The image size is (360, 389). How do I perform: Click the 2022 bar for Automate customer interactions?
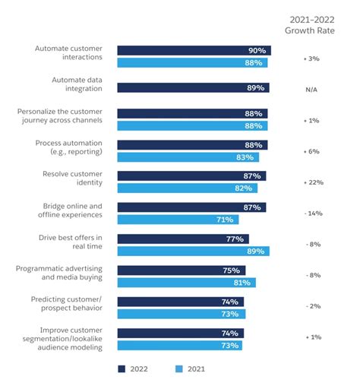click(194, 50)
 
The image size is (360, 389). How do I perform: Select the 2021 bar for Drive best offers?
click(193, 251)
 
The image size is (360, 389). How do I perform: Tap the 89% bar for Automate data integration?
click(193, 88)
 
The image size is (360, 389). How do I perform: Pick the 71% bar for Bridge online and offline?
click(178, 219)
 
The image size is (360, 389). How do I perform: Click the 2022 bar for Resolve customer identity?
click(191, 176)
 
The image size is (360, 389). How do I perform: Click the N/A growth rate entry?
click(311, 89)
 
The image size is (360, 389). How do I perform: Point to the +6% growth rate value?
click(311, 151)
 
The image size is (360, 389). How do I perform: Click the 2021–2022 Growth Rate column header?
click(311, 25)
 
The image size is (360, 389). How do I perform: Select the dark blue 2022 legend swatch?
click(122, 369)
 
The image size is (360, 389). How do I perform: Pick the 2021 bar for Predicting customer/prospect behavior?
click(180, 313)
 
